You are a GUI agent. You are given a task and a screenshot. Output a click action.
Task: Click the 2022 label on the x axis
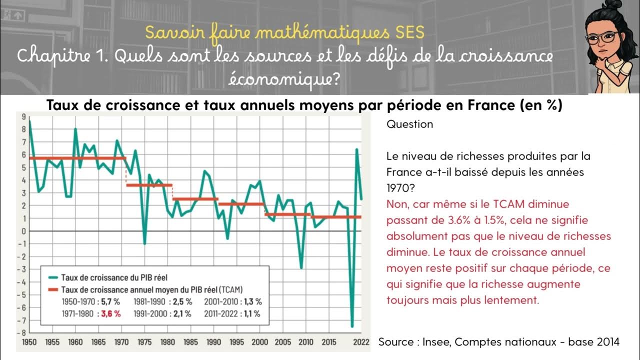(x=361, y=342)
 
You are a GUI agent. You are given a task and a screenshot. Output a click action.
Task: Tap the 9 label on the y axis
(x=23, y=116)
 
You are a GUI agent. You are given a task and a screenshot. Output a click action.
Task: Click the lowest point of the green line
(x=352, y=326)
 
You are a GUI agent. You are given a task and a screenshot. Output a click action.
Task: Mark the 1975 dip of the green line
(x=144, y=243)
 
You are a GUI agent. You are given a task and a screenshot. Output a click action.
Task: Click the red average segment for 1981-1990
(x=195, y=199)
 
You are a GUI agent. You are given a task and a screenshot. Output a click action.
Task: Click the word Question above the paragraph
(x=409, y=124)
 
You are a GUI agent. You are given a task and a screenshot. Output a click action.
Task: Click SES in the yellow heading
(x=408, y=32)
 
